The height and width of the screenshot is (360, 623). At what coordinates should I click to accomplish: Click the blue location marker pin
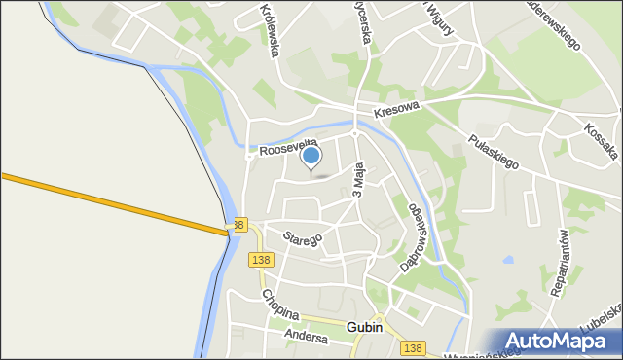click(311, 157)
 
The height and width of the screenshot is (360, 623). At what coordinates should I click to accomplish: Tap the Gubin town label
click(364, 329)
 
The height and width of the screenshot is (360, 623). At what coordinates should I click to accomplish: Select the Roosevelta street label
click(288, 145)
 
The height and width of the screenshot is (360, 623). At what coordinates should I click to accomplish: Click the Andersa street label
click(307, 334)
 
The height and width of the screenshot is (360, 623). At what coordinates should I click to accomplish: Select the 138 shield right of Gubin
click(413, 347)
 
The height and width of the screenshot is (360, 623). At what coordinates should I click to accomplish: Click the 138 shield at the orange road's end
click(239, 225)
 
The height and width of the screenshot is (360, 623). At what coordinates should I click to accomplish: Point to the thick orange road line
click(117, 202)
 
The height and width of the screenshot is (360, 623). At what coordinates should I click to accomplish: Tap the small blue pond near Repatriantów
click(508, 260)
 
